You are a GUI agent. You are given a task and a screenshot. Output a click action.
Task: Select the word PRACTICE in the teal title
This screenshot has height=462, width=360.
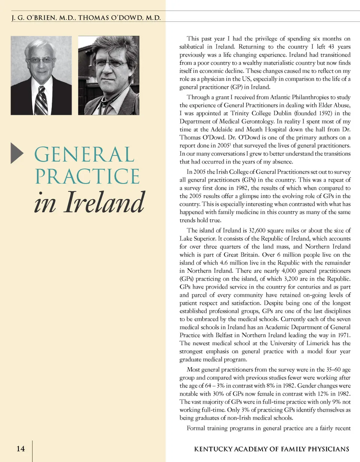(x=87, y=177)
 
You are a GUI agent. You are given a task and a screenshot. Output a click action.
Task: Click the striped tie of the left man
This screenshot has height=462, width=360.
(x=41, y=100)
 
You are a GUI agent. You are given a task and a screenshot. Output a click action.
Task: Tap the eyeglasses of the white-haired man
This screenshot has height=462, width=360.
(x=41, y=60)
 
